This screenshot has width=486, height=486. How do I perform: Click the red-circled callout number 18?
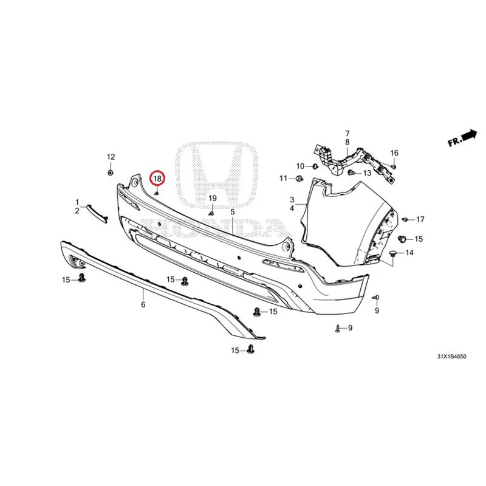157,179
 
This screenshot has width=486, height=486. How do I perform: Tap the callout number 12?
111,157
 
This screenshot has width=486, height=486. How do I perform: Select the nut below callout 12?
110,172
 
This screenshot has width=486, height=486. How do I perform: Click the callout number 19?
212,198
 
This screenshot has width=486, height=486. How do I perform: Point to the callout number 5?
233,212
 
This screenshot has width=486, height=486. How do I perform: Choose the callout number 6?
143,304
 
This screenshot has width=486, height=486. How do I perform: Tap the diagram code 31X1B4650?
451,357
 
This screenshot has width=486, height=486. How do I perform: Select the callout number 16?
394,153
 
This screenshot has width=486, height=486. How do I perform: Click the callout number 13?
367,173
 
